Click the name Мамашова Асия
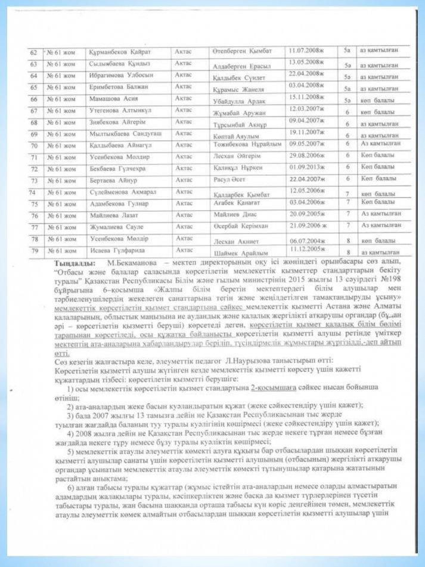tap(110, 99)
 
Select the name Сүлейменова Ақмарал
tap(119, 192)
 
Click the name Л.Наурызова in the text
tap(248, 362)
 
